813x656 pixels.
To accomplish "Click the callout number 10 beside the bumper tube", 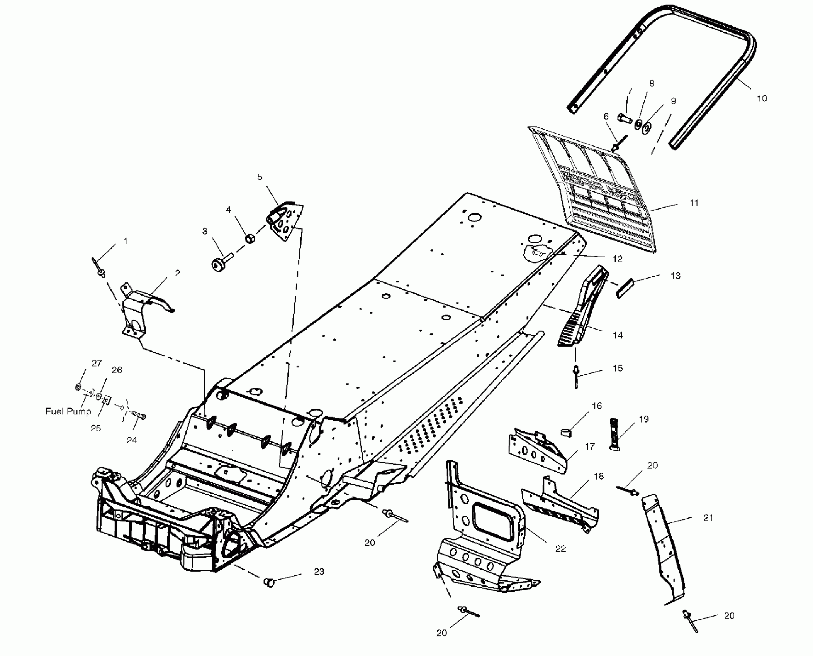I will [761, 98].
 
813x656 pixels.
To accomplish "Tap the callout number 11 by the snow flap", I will [694, 203].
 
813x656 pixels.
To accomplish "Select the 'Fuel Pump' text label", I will [68, 411].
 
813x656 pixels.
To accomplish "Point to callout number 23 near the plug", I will [319, 571].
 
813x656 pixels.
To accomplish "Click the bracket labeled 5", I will [286, 223].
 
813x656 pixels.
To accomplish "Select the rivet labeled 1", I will [98, 268].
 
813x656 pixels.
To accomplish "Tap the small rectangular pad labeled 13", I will [625, 288].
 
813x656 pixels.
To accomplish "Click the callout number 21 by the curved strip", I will [708, 518].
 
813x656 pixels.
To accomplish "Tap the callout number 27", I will [96, 363].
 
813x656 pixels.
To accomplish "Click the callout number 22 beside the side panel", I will [560, 549].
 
